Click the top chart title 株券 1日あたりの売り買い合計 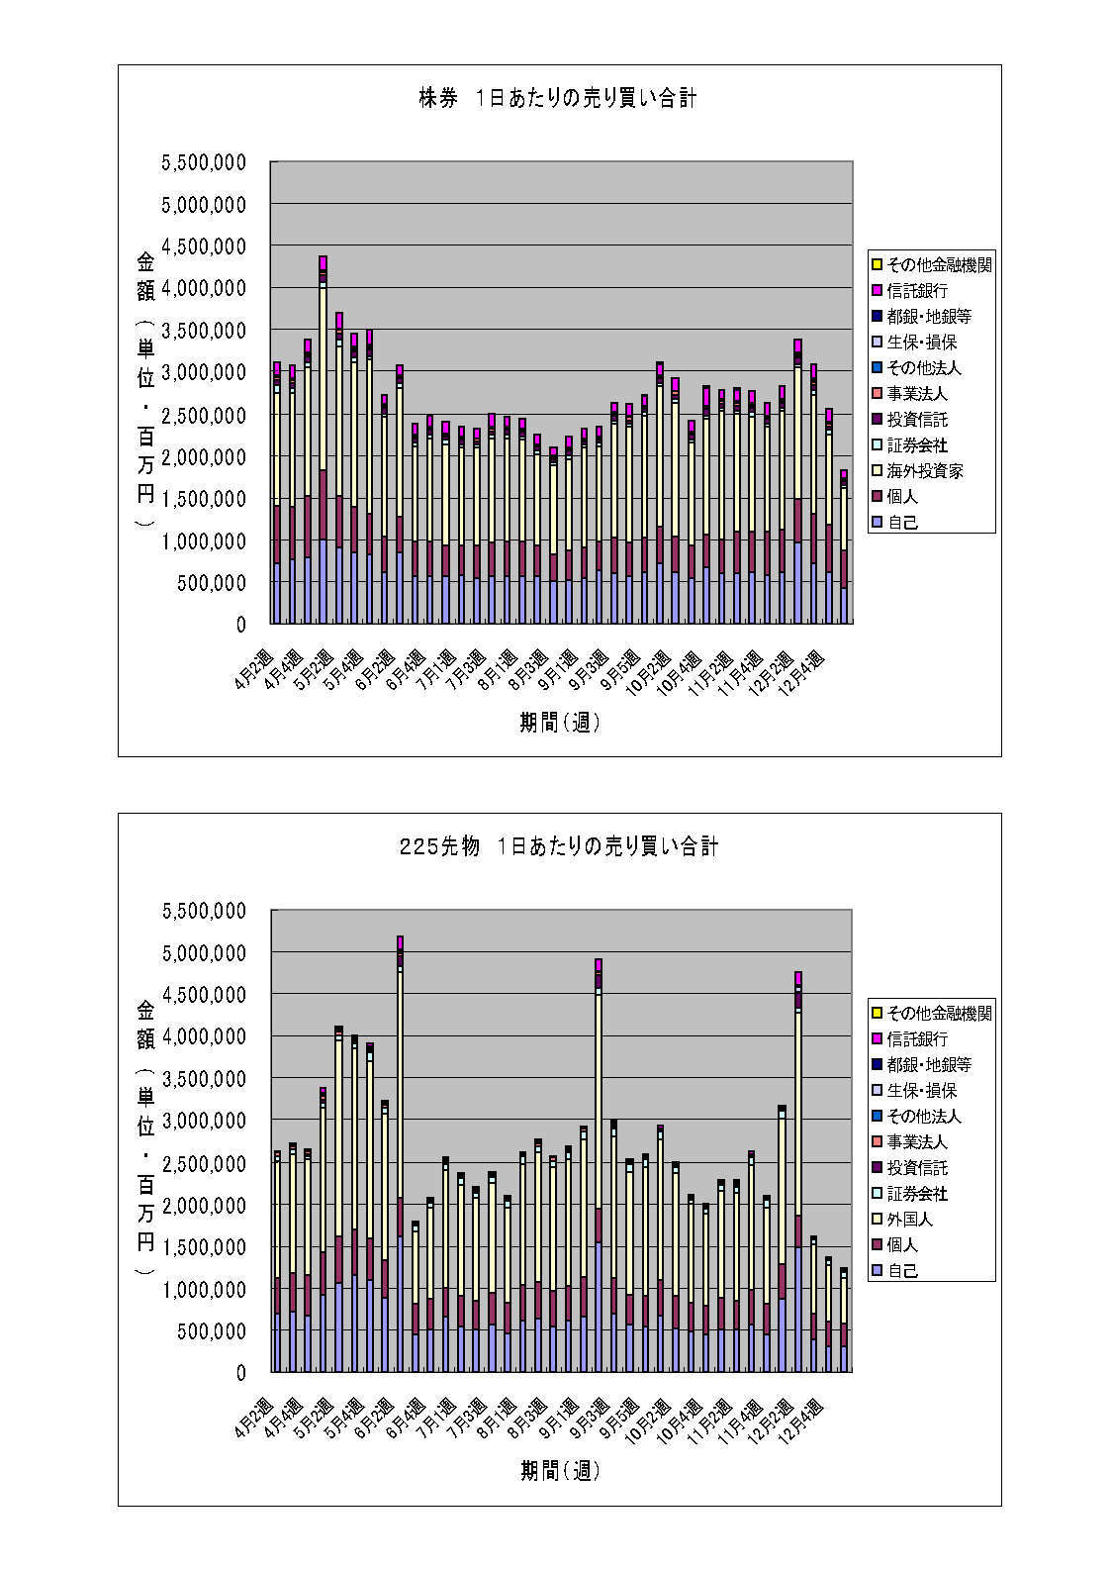(x=558, y=98)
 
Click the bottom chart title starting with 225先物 (x=558, y=846)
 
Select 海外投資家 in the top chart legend (x=925, y=471)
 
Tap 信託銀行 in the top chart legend (x=917, y=291)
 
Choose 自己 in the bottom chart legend (x=902, y=1271)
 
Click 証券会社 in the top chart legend (x=917, y=445)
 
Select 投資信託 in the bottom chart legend (x=917, y=1168)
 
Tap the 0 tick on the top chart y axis (x=239, y=625)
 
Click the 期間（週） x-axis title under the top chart (x=560, y=723)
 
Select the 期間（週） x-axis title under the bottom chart (x=560, y=1471)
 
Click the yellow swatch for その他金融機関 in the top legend (x=877, y=265)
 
